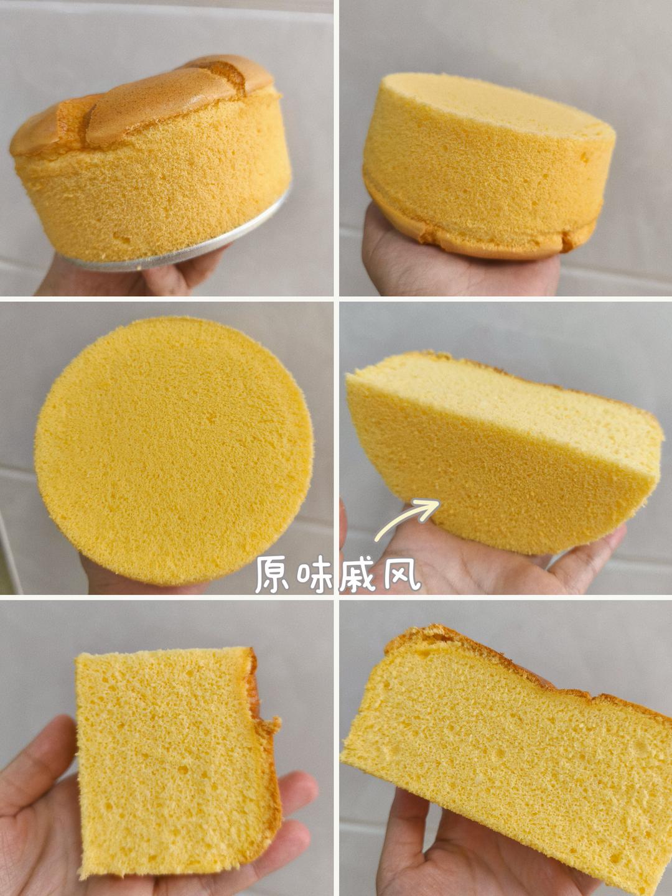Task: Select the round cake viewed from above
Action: tap(174, 451)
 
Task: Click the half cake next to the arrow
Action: tap(504, 453)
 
